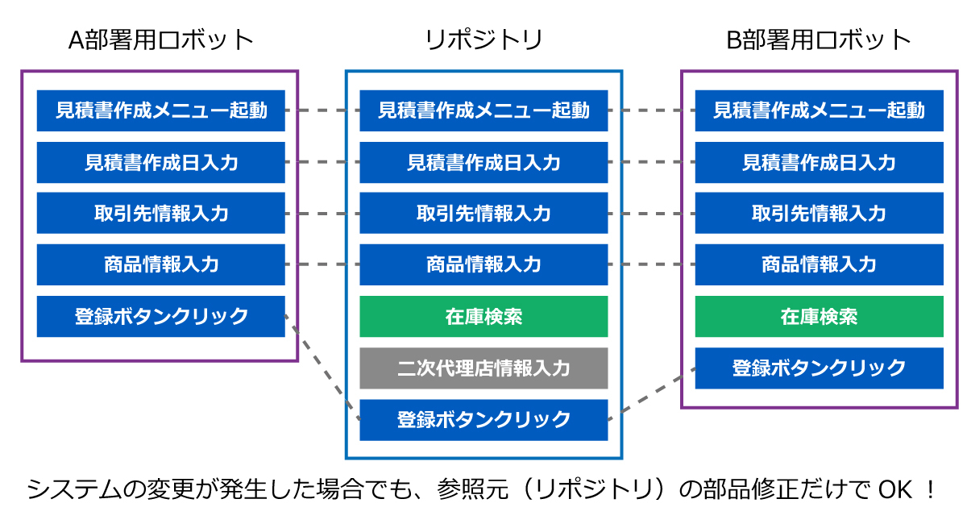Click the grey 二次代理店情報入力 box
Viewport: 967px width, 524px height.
(483, 368)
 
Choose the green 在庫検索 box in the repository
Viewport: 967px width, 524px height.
(483, 317)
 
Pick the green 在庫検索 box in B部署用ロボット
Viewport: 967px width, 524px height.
(819, 317)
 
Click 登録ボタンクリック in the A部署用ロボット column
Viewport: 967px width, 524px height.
(161, 317)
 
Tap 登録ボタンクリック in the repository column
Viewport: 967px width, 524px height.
(483, 420)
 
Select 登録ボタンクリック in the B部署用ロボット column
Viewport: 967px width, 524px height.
(819, 368)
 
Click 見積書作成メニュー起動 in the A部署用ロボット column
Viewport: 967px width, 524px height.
(161, 110)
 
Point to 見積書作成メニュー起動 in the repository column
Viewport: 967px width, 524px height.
(483, 110)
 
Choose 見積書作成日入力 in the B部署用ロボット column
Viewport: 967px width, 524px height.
(819, 162)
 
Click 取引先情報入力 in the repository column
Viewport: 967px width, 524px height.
(483, 214)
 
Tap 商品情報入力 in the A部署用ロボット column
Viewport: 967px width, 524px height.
(161, 264)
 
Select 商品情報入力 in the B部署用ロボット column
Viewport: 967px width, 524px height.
(819, 264)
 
